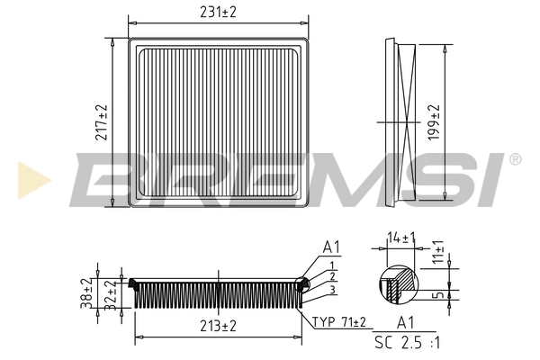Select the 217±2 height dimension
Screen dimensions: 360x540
pos(101,122)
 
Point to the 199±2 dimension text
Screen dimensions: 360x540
pos(436,121)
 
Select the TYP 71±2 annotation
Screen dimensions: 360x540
pos(340,321)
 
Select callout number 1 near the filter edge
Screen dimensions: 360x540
pos(332,265)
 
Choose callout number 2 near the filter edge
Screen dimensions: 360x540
pos(332,276)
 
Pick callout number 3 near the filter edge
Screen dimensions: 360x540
pos(332,289)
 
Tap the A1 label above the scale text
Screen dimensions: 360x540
pos(406,323)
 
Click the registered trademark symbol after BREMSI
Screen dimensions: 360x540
pos(514,159)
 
